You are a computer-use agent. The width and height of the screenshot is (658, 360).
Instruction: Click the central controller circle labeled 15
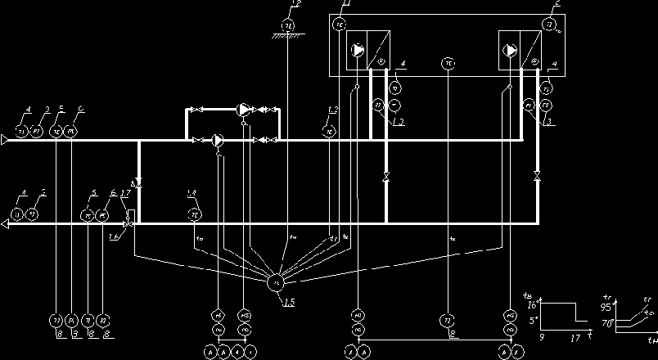275,282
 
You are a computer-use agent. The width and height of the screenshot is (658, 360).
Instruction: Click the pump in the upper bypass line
244,109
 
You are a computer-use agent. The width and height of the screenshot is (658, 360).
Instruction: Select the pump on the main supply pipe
218,140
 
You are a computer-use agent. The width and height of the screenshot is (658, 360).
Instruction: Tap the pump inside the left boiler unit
358,50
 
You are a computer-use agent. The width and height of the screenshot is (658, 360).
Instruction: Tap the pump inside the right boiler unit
511,50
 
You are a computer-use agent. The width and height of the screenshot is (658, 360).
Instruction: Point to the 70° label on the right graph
609,324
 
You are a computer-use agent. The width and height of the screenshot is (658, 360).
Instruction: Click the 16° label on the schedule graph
531,304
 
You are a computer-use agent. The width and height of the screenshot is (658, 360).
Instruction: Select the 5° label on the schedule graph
532,320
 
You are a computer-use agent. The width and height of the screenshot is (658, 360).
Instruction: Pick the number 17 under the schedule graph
576,337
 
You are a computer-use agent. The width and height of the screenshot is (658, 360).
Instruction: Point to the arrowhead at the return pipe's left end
7,223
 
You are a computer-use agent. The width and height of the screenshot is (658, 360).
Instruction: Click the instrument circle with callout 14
195,214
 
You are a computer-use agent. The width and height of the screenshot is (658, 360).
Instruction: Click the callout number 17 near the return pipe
124,194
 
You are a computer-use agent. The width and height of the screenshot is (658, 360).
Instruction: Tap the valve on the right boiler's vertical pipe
537,176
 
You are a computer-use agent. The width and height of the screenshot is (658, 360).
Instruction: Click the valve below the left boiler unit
385,176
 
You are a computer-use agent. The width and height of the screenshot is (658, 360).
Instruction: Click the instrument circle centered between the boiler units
448,62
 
